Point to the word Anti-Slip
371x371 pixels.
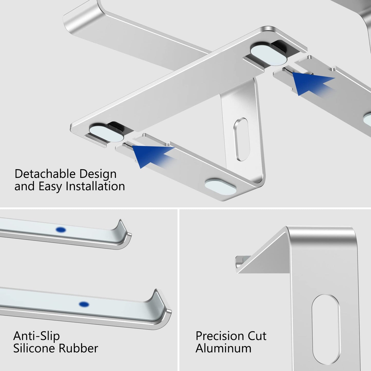point(36,336)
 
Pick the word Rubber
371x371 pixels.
point(78,348)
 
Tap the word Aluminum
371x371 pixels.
point(223,348)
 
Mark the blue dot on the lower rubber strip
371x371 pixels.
point(84,304)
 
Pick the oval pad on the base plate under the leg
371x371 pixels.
point(221,186)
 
